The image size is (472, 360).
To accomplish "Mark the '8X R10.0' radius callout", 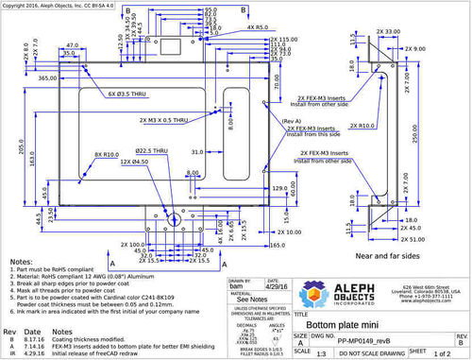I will click(x=106, y=154).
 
